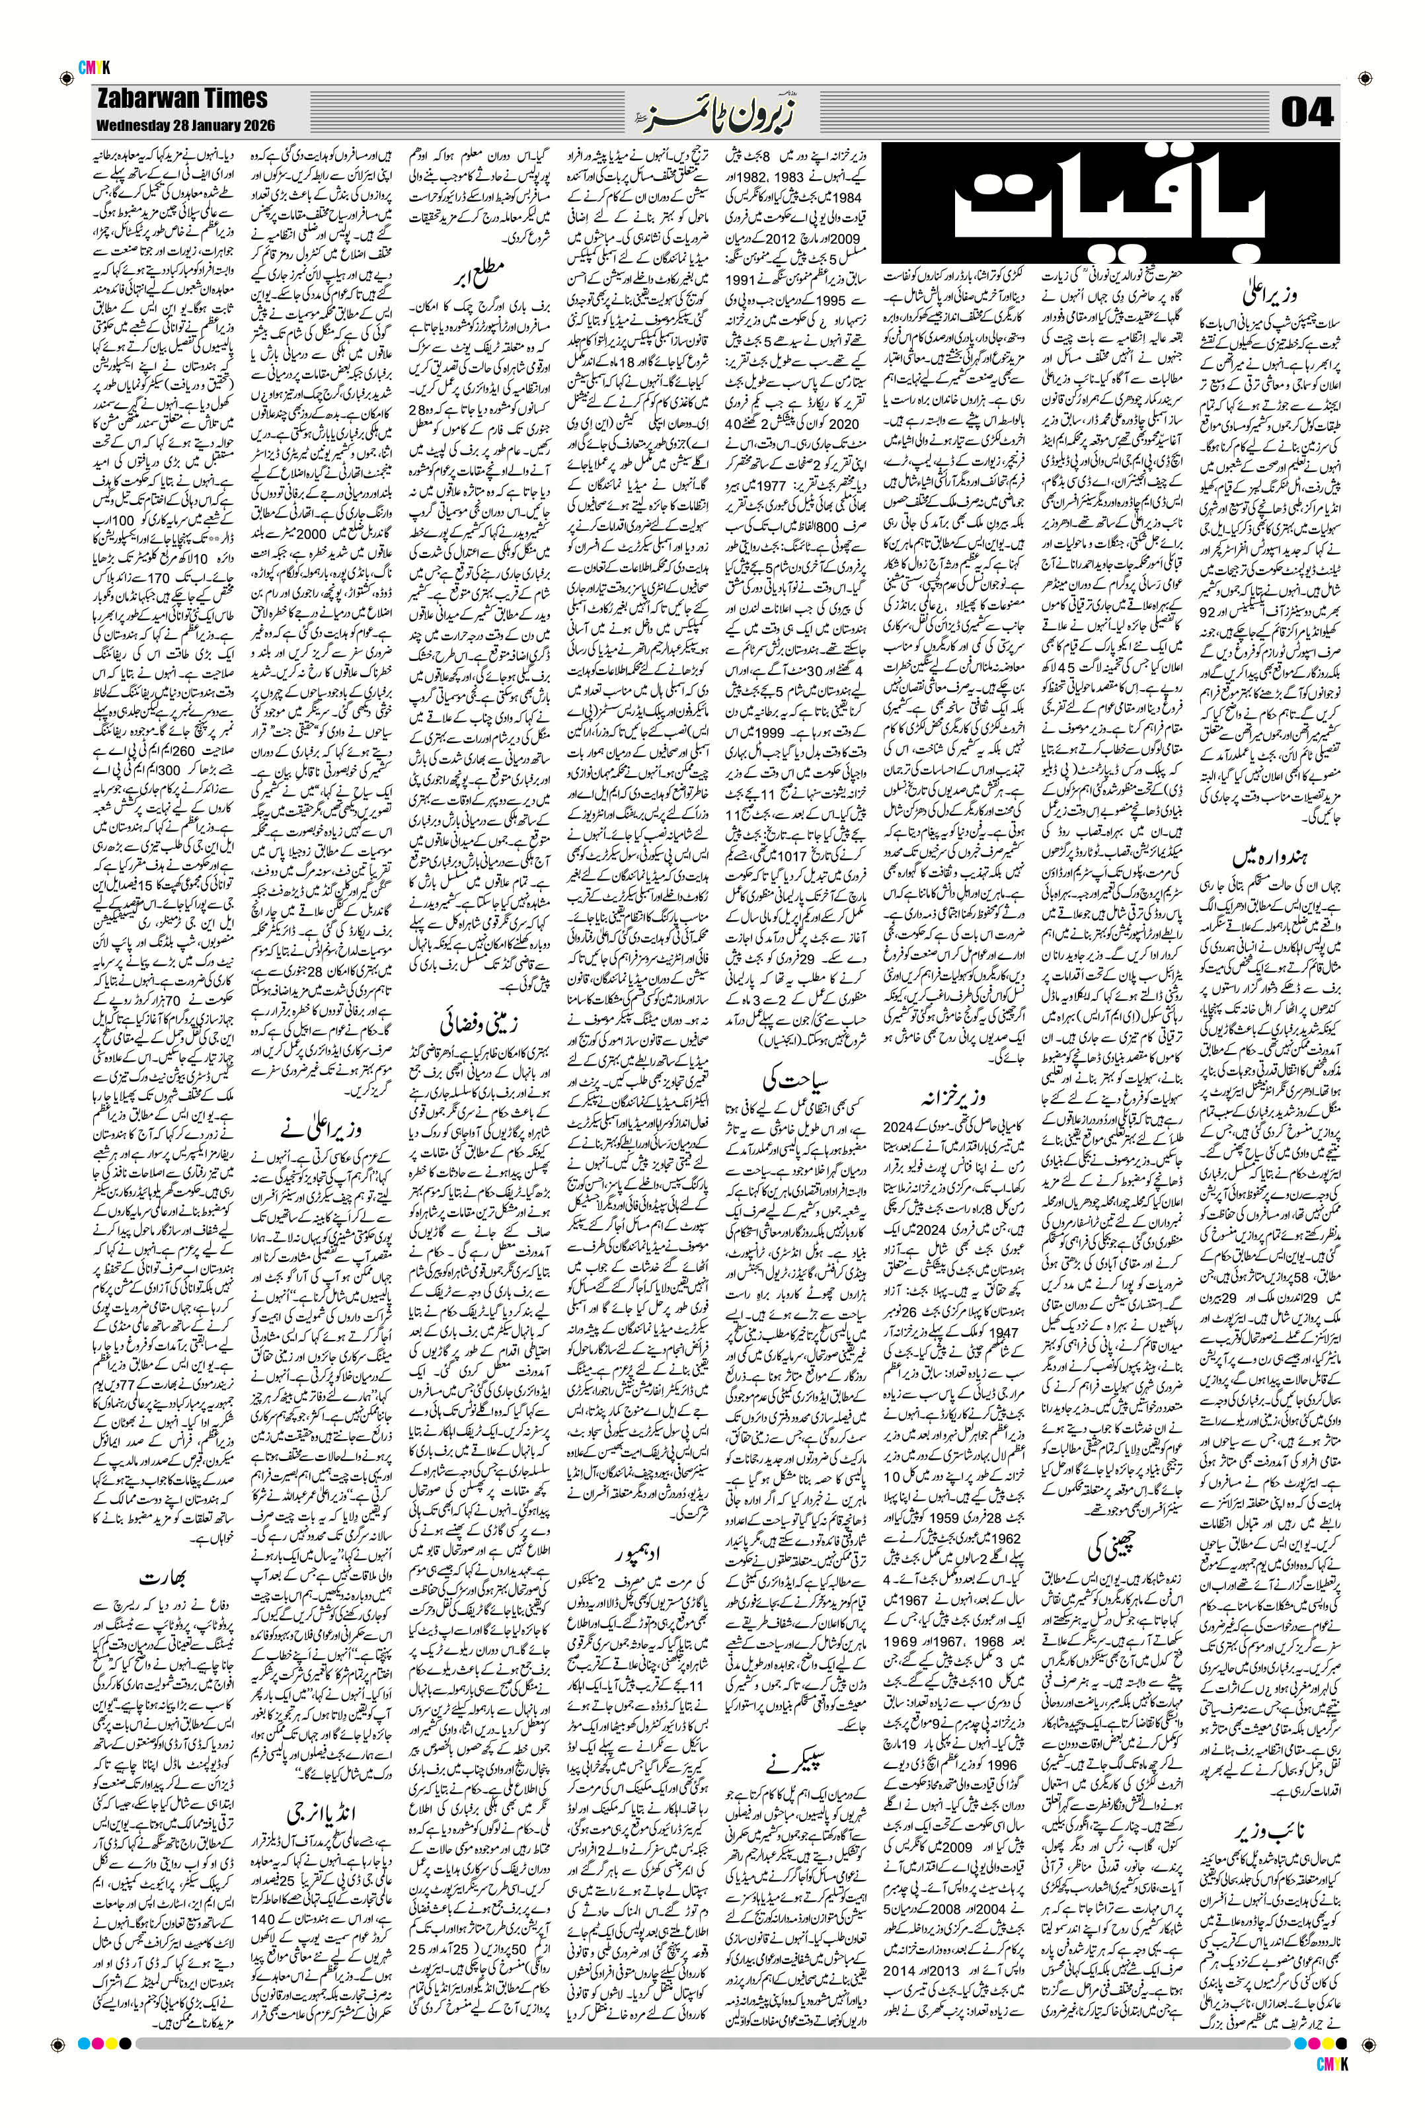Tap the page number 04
pyautogui.click(x=1306, y=114)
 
